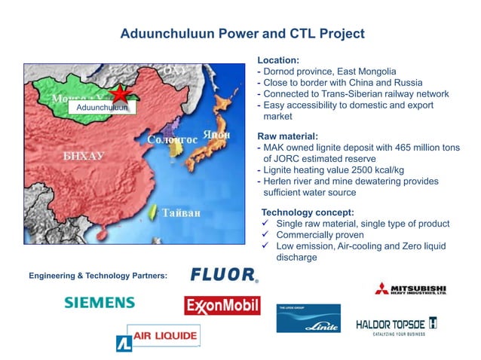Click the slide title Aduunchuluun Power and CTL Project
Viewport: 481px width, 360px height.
coord(242,34)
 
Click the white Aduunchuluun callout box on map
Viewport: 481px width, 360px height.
coord(100,108)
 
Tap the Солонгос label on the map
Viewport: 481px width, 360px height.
coord(173,139)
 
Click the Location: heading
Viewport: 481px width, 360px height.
coord(278,59)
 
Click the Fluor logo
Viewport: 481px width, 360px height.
coord(225,276)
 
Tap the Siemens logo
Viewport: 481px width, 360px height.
coord(100,303)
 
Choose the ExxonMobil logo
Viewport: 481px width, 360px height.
coord(222,305)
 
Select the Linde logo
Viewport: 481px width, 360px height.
coord(308,318)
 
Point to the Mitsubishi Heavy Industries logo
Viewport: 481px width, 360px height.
coord(410,290)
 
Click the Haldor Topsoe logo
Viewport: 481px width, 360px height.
coord(397,325)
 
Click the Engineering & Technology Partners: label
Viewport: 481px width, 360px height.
coord(98,276)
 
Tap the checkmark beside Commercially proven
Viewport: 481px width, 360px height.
coord(265,235)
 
